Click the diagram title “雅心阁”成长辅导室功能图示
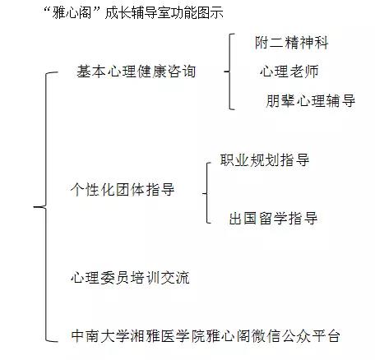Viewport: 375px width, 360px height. click(x=134, y=13)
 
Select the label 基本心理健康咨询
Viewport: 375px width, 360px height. click(x=136, y=72)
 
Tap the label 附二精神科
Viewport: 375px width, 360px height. click(x=291, y=43)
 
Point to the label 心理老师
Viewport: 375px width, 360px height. click(x=289, y=72)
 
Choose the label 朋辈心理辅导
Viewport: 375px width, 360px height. click(x=310, y=100)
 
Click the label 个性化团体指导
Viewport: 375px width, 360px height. click(x=123, y=189)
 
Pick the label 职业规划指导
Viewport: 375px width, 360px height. click(x=265, y=160)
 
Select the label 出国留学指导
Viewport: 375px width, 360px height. click(x=273, y=219)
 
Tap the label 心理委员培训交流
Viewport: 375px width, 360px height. click(x=130, y=277)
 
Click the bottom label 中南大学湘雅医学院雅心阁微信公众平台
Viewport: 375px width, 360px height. click(x=206, y=335)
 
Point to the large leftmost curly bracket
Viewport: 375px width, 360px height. click(x=46, y=207)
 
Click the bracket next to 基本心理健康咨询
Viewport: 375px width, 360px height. click(x=229, y=72)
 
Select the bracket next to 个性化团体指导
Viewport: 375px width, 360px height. click(x=207, y=193)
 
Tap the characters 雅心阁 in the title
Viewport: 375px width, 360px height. click(x=72, y=13)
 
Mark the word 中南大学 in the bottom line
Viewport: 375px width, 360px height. click(x=100, y=335)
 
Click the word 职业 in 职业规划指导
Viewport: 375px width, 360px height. click(x=235, y=160)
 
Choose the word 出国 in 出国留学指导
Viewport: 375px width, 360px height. click(x=244, y=219)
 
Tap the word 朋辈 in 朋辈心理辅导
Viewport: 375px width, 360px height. click(x=280, y=100)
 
